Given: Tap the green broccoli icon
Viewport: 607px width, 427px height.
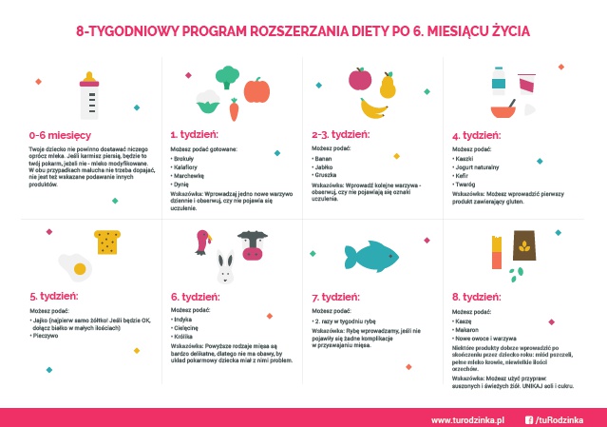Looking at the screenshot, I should click(x=227, y=76).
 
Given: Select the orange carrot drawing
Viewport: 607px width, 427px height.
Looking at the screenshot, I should click(x=234, y=107).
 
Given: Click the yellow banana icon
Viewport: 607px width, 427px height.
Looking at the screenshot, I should click(x=373, y=108).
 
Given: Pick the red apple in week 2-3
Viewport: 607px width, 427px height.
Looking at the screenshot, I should click(x=360, y=78).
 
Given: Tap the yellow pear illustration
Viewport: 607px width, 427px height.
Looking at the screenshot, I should click(x=388, y=87).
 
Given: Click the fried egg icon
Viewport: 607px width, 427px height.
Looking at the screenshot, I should click(x=73, y=262).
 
